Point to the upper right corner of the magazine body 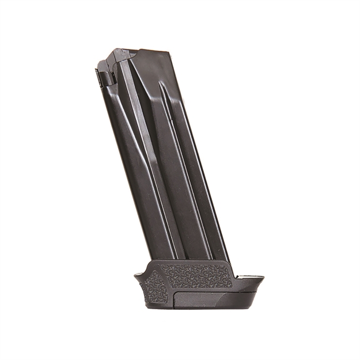coord(171,54)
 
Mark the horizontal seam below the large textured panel coord(202,289)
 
